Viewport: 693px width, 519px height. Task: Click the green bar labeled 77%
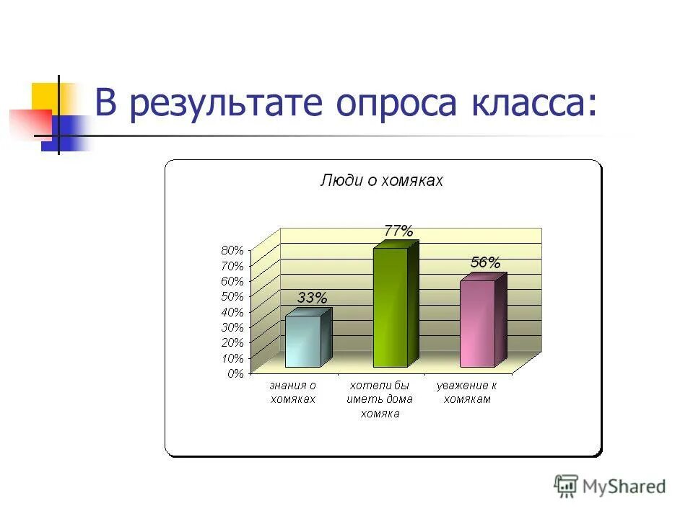point(391,308)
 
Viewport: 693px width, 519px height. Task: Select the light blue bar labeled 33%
point(302,341)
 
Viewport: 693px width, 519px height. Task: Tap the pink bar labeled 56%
point(477,324)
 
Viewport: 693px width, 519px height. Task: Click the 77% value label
point(398,231)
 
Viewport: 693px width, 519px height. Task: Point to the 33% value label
point(312,297)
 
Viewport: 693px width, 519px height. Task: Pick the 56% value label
point(485,262)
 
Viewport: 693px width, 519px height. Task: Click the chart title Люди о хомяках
point(381,181)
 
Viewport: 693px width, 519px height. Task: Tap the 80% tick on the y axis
point(232,250)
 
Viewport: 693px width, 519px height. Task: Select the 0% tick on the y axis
point(236,373)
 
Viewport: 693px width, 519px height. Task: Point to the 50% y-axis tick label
point(232,296)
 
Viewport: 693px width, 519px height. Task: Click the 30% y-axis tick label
point(232,327)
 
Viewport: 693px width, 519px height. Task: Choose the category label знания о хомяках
point(293,393)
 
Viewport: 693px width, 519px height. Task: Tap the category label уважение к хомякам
point(467,393)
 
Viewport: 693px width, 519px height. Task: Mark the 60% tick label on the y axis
point(232,281)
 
